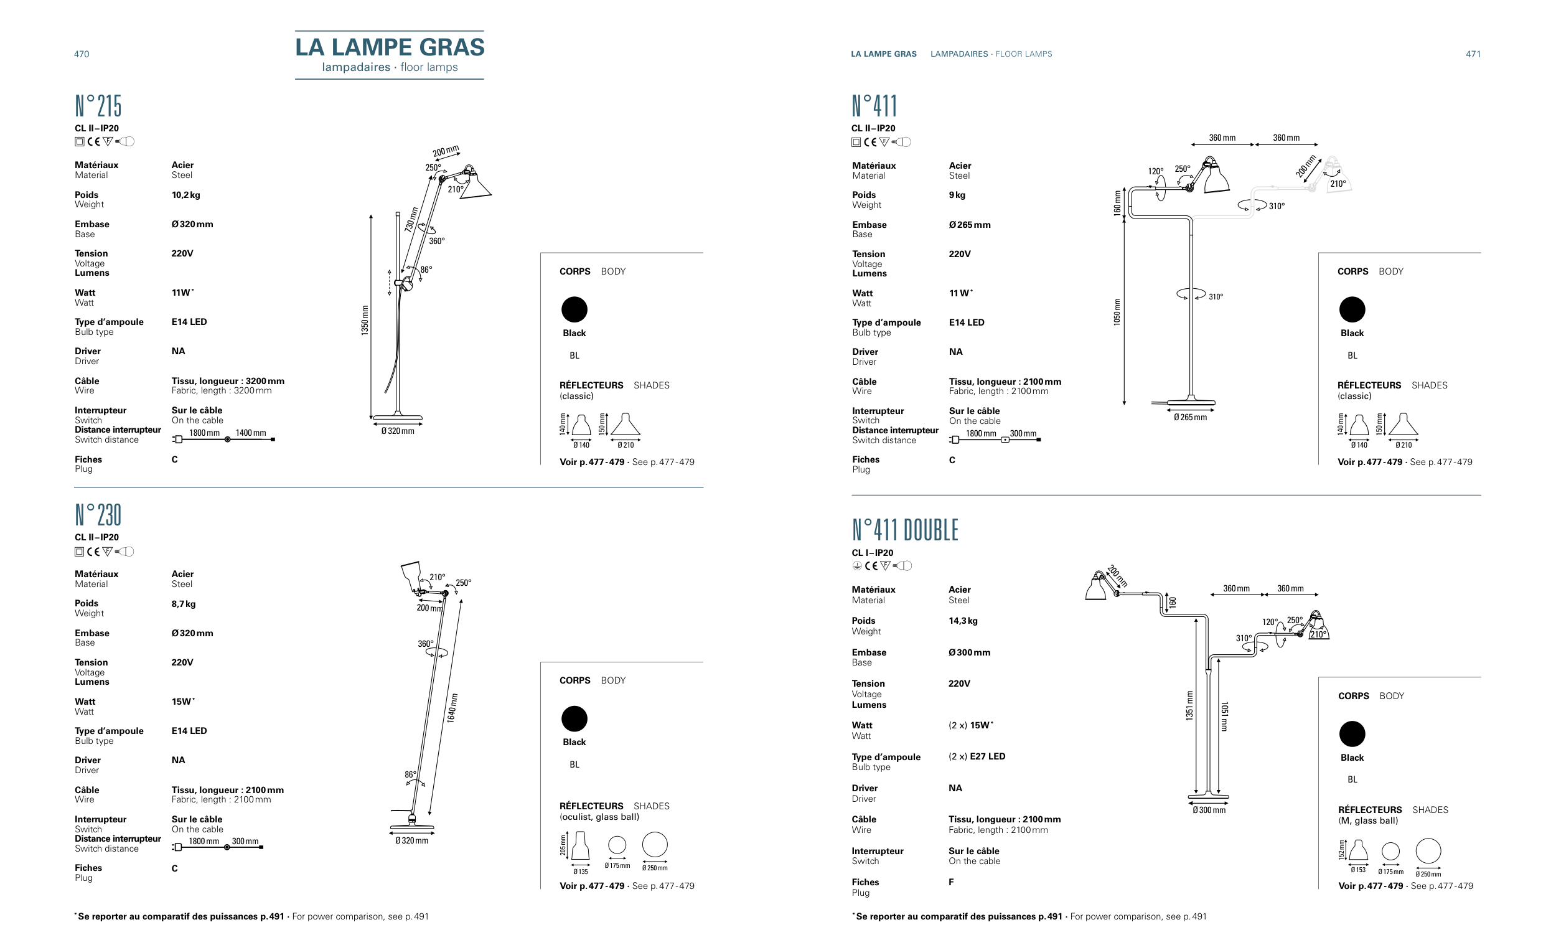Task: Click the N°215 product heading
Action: coord(98,106)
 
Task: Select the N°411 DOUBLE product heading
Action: coord(904,530)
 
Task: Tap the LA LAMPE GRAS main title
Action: coord(390,47)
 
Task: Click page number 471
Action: coord(1473,54)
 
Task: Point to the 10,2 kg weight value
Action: coord(185,195)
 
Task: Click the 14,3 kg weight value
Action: coord(963,621)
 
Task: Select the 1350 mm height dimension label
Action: coord(365,320)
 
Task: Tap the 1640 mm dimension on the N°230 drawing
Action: coord(452,708)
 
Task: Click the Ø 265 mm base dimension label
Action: coord(1191,418)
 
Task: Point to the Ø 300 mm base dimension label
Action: coord(1209,811)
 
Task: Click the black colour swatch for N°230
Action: coord(574,719)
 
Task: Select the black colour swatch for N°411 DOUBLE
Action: coord(1352,734)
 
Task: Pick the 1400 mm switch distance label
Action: coord(251,433)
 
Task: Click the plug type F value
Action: coord(951,882)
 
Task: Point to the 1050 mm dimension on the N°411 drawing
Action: coord(1117,312)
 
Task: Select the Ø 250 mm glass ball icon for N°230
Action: coord(655,845)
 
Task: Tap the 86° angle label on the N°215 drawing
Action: coord(426,270)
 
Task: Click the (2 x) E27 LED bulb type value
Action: coord(977,756)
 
